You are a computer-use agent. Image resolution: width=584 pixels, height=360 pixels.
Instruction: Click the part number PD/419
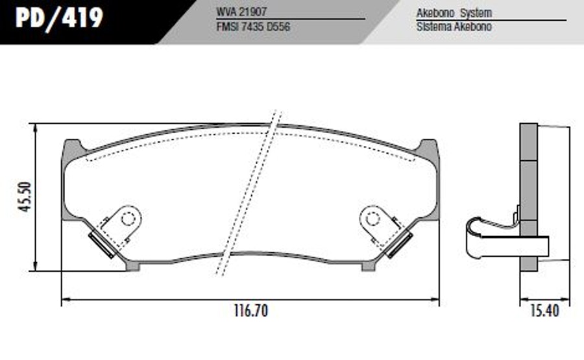[59, 18]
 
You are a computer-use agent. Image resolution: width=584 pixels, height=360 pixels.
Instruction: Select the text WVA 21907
[241, 12]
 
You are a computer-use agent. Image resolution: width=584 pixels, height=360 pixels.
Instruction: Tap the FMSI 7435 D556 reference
[253, 27]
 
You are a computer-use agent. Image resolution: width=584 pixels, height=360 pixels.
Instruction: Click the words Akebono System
[454, 13]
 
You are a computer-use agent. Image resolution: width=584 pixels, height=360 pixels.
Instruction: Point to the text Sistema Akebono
[454, 27]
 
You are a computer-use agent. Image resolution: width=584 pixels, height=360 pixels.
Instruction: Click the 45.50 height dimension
[25, 197]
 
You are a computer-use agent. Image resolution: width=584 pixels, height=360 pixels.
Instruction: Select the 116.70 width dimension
[250, 311]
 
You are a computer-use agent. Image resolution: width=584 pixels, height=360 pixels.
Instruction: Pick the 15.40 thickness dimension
[544, 311]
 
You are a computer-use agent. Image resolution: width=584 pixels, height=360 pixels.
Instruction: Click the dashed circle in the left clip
[128, 219]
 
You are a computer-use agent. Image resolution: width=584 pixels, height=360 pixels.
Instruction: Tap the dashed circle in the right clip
[372, 219]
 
